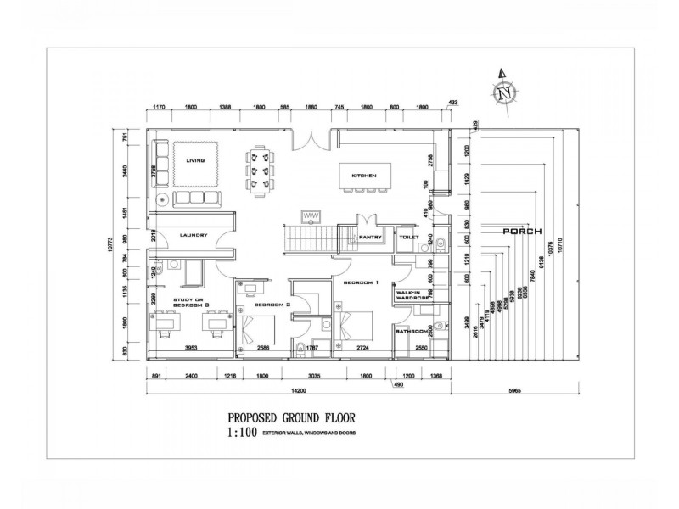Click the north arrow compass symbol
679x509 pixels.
pos(507,91)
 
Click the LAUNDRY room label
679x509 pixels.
pos(194,236)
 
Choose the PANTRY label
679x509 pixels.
pos(371,238)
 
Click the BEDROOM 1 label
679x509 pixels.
pos(362,282)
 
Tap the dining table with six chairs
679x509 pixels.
pos(260,170)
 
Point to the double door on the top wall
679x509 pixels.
pos(311,135)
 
